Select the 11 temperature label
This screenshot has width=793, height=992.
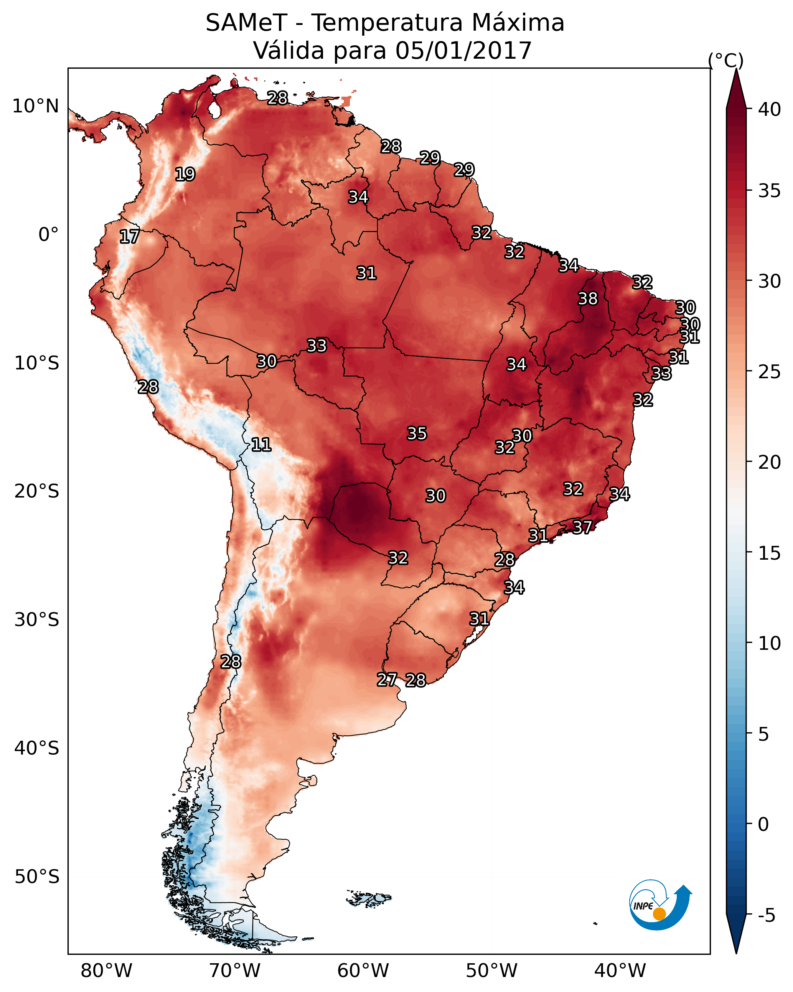click(x=261, y=445)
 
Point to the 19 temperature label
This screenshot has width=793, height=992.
click(x=185, y=175)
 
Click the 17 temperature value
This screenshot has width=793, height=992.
click(x=129, y=237)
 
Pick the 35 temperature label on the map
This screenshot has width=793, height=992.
click(x=417, y=433)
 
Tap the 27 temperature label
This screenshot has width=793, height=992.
click(x=387, y=680)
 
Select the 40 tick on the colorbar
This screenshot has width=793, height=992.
click(x=770, y=109)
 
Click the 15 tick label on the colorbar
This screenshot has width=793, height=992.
click(x=770, y=554)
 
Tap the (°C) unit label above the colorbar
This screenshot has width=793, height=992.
click(x=725, y=60)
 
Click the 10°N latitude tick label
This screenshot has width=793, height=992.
click(x=35, y=106)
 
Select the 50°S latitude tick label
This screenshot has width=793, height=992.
click(x=37, y=877)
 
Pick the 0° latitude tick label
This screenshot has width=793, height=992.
click(x=48, y=235)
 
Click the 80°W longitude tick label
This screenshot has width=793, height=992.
click(x=106, y=971)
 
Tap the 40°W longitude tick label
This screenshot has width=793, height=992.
click(x=620, y=971)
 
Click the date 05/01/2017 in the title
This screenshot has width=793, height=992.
click(x=463, y=51)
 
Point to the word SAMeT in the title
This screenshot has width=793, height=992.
click(x=246, y=23)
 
